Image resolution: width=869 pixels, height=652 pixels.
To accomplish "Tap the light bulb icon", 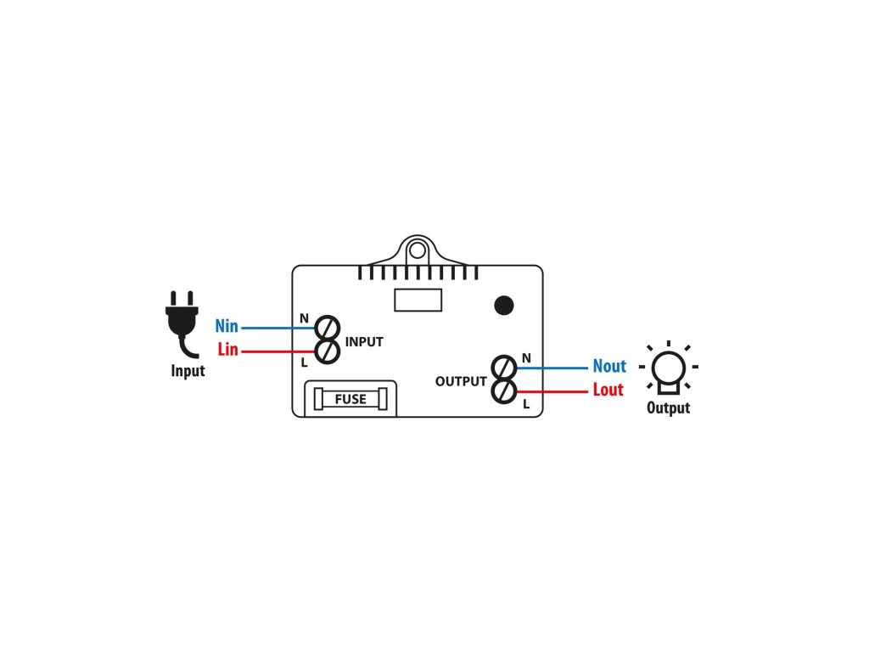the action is (668, 370).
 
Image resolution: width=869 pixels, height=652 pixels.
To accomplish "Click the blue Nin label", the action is (227, 327).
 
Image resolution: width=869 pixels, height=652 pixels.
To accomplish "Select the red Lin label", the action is (227, 350).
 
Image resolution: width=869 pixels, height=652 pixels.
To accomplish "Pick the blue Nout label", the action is (608, 367).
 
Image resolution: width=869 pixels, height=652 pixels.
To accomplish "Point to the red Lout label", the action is (608, 391).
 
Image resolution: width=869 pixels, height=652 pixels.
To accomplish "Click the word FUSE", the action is (350, 399).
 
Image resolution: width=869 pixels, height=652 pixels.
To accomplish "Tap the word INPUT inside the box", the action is (364, 342).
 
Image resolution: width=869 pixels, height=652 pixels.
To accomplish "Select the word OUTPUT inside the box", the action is (461, 382).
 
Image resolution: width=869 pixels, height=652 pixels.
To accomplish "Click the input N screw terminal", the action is (328, 328).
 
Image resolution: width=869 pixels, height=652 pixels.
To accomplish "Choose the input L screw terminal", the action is (328, 351).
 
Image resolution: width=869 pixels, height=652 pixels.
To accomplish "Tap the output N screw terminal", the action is (504, 368).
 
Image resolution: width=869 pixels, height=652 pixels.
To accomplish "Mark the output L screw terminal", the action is (504, 391).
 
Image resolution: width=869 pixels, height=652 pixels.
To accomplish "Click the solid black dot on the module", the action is (504, 306).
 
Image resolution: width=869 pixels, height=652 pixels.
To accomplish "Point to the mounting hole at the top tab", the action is (416, 250).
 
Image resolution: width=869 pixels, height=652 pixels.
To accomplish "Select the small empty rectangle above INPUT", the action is (418, 300).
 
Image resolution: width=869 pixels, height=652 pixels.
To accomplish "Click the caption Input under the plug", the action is (188, 371).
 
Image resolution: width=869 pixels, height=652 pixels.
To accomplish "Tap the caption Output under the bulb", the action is (668, 408).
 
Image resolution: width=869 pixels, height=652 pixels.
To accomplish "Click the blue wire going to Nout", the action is (552, 368).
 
